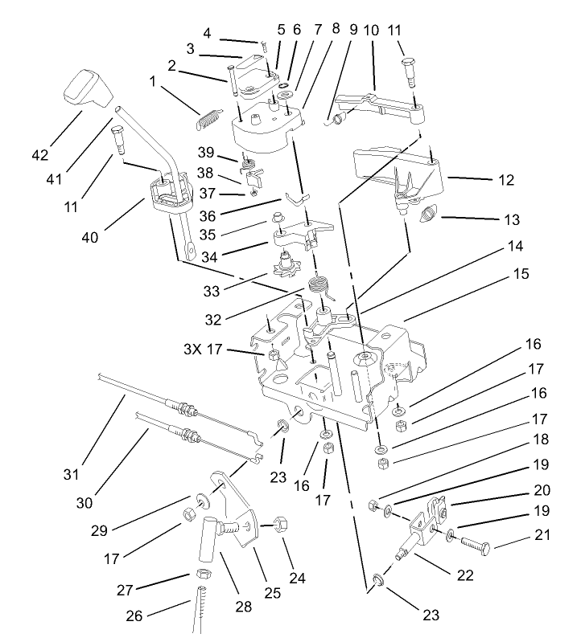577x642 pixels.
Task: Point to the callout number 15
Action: (521, 274)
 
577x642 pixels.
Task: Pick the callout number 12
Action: (505, 181)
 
